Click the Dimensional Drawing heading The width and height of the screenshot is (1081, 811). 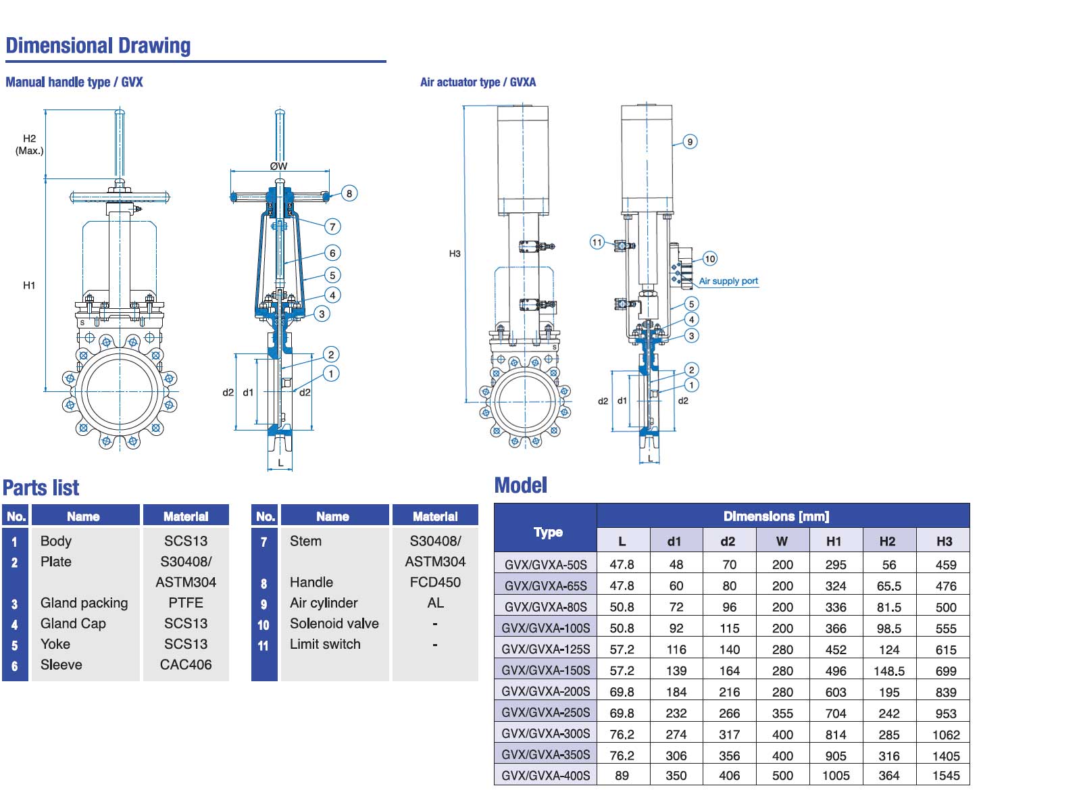point(98,46)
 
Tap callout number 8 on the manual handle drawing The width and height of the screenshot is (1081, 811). point(349,193)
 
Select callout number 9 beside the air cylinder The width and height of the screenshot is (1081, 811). point(690,142)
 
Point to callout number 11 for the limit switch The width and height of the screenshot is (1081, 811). point(597,242)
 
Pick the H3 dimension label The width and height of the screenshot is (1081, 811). point(454,253)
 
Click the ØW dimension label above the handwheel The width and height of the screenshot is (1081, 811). point(278,166)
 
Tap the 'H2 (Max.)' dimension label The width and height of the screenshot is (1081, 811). point(30,144)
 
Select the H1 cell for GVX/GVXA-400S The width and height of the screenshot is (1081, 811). point(835,776)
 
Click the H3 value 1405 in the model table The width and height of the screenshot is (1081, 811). point(946,756)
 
